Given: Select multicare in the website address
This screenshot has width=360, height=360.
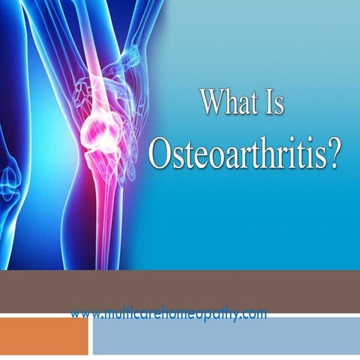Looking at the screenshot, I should pos(125,314).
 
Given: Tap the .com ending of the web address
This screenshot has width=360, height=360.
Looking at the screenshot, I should pos(252,314).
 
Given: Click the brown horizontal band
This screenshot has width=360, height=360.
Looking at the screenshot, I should pos(180,289).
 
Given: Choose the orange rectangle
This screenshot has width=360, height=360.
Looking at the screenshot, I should pos(43,335).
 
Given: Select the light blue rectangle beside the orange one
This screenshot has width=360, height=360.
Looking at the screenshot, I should pos(225,335).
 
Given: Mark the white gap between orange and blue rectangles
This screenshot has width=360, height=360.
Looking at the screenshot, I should pos(90,335).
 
